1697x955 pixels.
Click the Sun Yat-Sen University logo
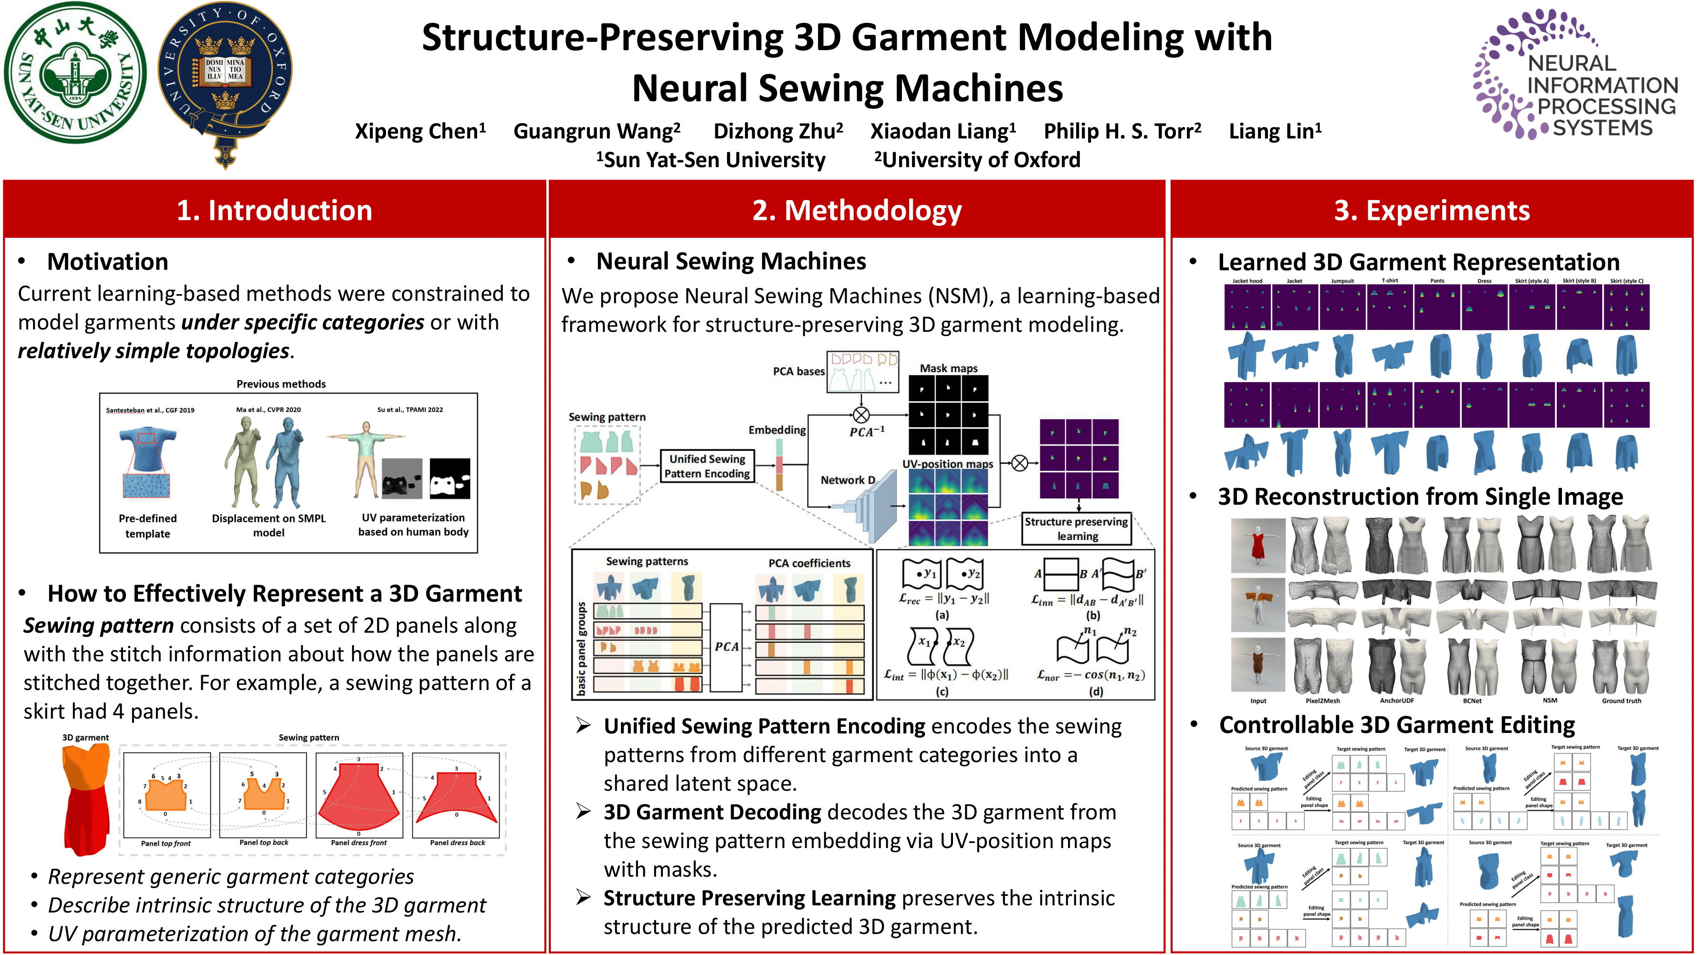(75, 73)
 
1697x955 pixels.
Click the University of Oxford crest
(225, 79)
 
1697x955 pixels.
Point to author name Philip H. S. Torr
(1122, 131)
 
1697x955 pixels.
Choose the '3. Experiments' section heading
(1432, 210)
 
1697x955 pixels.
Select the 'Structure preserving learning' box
(1077, 529)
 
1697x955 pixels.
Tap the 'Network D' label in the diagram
(847, 480)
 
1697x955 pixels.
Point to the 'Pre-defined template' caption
(147, 525)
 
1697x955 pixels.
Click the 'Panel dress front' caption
(358, 842)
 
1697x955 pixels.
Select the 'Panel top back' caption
(263, 842)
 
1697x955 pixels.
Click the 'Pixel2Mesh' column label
(1323, 700)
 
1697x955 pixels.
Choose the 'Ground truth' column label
(1621, 700)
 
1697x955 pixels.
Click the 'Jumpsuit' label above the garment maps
(1342, 281)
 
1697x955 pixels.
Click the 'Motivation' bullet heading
(107, 262)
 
